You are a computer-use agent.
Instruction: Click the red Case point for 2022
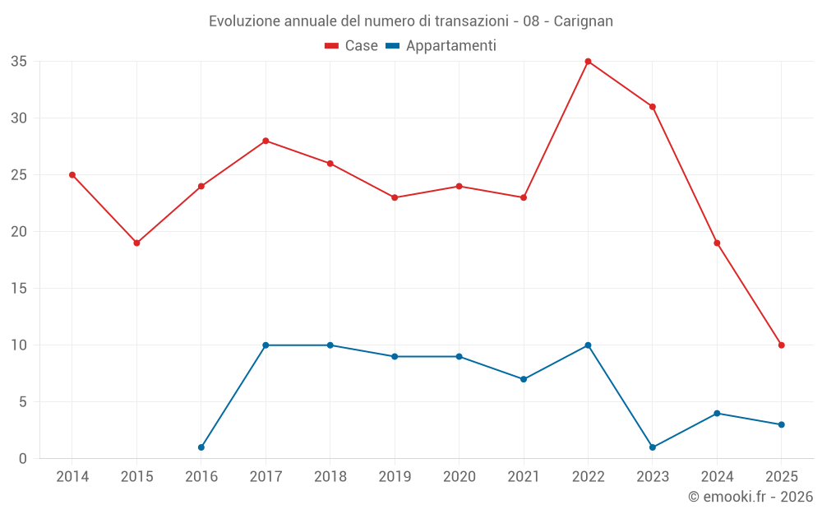tap(588, 62)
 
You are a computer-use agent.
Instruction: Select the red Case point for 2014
tap(72, 175)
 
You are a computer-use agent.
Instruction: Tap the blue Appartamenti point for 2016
tap(201, 447)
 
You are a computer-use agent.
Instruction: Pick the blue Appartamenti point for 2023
tap(653, 447)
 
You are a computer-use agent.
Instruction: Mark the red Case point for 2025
tap(781, 345)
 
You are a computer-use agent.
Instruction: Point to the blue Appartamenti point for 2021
tap(524, 379)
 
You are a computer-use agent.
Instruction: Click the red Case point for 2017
tap(266, 141)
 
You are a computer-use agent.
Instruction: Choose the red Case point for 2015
tap(136, 243)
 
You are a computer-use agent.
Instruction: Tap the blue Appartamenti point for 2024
tap(717, 413)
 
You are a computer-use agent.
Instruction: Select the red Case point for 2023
tap(653, 107)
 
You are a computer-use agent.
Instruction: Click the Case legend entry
tap(352, 46)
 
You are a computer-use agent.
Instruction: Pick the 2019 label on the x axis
tap(395, 477)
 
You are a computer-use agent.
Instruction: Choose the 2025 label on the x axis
tap(781, 477)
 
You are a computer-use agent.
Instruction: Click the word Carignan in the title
tap(584, 21)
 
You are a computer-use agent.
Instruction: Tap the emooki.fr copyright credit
tap(750, 497)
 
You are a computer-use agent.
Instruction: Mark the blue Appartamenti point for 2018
tap(330, 345)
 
